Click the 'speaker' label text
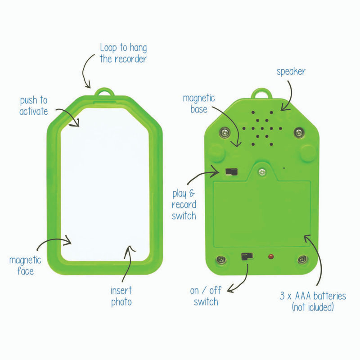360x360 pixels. [291, 72]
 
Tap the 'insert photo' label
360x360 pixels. [121, 296]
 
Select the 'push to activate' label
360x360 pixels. [34, 106]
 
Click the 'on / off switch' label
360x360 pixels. [206, 296]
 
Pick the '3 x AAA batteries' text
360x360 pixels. [313, 296]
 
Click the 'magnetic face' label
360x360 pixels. [25, 265]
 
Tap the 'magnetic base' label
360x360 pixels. [199, 104]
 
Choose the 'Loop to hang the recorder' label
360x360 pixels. [123, 53]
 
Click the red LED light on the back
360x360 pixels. [271, 256]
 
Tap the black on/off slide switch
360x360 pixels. [247, 256]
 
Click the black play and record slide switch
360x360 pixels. [231, 171]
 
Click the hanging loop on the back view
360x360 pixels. [261, 94]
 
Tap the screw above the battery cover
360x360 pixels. [262, 172]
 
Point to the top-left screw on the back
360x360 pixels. [225, 133]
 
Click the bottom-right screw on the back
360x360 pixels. [303, 260]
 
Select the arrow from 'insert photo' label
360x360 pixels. [128, 264]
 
